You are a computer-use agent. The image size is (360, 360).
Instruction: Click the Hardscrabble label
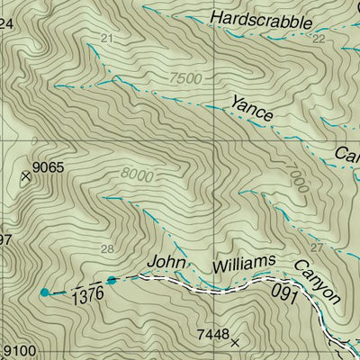pyautogui.click(x=260, y=21)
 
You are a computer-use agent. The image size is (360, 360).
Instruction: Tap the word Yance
pyautogui.click(x=251, y=108)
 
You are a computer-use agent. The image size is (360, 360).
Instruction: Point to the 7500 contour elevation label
pyautogui.click(x=182, y=78)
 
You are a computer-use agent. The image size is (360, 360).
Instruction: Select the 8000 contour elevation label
pyautogui.click(x=134, y=176)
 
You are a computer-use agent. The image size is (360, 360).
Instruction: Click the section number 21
pyautogui.click(x=108, y=38)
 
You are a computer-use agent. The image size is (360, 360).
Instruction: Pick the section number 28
pyautogui.click(x=108, y=248)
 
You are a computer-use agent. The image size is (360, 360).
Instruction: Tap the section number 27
pyautogui.click(x=315, y=247)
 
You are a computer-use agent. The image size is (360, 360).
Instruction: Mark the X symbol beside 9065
pyautogui.click(x=26, y=177)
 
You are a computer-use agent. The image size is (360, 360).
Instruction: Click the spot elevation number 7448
pyautogui.click(x=214, y=336)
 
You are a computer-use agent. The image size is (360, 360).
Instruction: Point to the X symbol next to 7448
pyautogui.click(x=236, y=343)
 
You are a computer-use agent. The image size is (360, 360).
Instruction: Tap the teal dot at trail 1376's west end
pyautogui.click(x=44, y=292)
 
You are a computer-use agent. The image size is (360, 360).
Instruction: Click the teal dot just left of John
pyautogui.click(x=112, y=280)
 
